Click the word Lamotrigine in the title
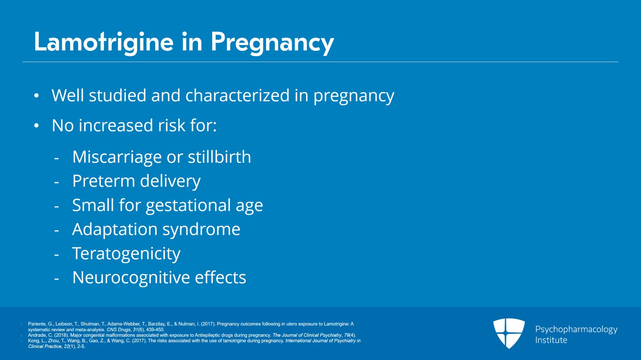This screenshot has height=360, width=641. (x=104, y=42)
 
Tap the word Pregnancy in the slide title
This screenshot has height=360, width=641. (x=272, y=42)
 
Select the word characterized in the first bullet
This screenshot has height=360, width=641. (x=237, y=96)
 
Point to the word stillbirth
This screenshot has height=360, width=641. (x=219, y=157)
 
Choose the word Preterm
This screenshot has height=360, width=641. (x=103, y=181)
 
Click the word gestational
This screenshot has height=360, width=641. (x=188, y=205)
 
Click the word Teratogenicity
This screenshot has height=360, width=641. (x=126, y=254)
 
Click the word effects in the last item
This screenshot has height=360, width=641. (x=220, y=278)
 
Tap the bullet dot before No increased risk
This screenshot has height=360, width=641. (x=36, y=126)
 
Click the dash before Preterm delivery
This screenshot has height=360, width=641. (x=56, y=182)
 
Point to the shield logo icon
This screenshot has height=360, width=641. (x=509, y=333)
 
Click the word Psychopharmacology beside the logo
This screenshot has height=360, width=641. (x=576, y=329)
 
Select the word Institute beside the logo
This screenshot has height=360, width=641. (x=551, y=340)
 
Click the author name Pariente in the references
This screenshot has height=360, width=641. (x=37, y=324)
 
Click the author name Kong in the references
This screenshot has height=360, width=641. (x=33, y=341)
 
